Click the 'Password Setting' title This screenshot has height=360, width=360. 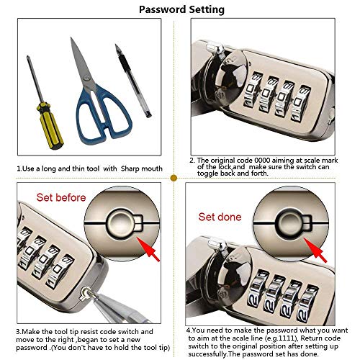(181, 9)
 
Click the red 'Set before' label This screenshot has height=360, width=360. (61, 197)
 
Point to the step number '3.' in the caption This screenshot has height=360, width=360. (19, 331)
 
